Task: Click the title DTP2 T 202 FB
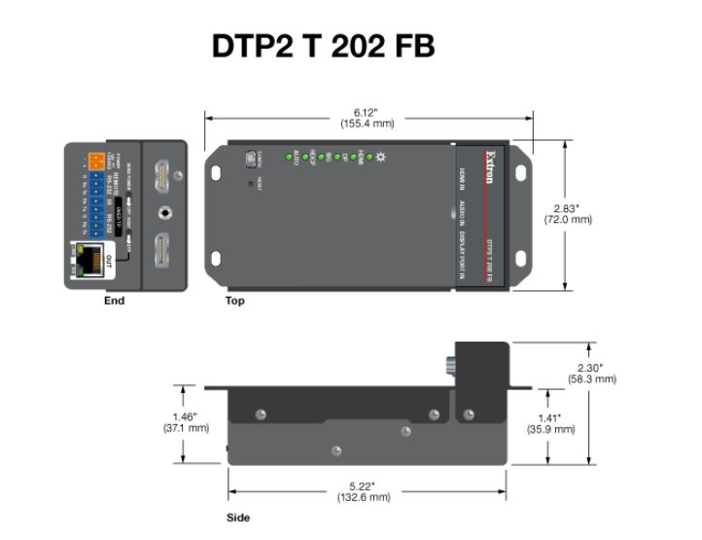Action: tap(324, 46)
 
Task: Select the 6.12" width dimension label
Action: tap(368, 118)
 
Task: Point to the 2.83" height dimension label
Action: tap(567, 214)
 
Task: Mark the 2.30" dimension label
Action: tap(591, 373)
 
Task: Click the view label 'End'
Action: tap(115, 301)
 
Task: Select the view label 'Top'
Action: tap(235, 301)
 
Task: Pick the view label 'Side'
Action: tap(237, 518)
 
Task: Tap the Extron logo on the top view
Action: tap(493, 162)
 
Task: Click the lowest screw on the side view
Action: tap(336, 450)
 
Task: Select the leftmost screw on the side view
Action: tap(260, 415)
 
